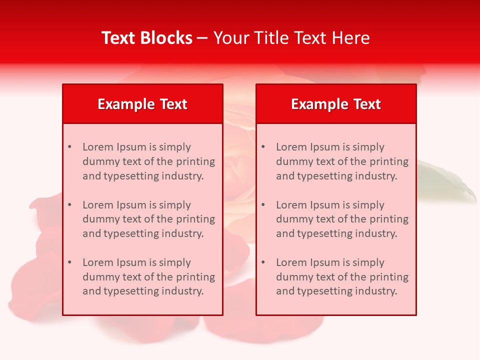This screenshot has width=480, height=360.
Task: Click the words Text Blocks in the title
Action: [x=147, y=38]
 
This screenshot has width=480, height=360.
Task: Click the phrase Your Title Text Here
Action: [x=291, y=38]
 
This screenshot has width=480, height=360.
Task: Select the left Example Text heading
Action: [x=142, y=104]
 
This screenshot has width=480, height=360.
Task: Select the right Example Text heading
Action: [x=336, y=104]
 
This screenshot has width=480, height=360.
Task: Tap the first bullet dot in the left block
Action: [x=69, y=147]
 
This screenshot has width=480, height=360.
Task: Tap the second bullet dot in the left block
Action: [x=69, y=205]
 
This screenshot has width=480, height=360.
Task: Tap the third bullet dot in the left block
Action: [x=69, y=262]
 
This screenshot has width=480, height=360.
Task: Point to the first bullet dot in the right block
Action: [x=263, y=147]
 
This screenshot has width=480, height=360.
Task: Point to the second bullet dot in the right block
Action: [x=263, y=205]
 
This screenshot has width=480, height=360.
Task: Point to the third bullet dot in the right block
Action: [x=263, y=262]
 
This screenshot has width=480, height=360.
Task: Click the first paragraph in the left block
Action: [x=148, y=161]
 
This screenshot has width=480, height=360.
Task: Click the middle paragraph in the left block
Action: [x=148, y=219]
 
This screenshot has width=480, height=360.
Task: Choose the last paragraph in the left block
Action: [x=148, y=277]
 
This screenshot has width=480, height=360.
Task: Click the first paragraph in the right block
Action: [x=342, y=161]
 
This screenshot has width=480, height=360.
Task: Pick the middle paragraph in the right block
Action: [x=342, y=219]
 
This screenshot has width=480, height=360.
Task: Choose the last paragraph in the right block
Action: [x=342, y=277]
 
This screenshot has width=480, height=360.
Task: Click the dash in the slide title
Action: [x=202, y=38]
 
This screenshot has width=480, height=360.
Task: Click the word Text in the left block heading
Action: [x=173, y=104]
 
